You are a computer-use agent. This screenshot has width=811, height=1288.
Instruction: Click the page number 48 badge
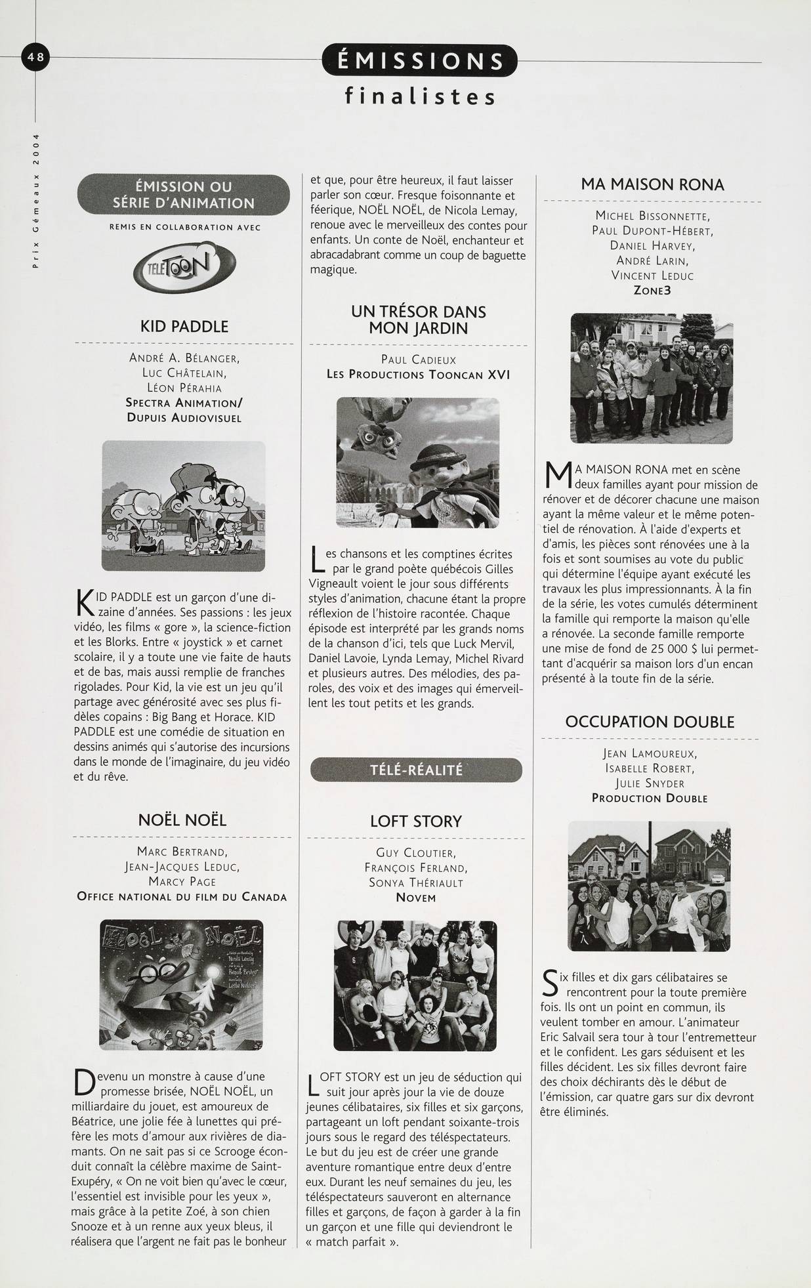click(x=35, y=58)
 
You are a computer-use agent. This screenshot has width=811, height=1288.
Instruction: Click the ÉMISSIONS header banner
click(x=420, y=62)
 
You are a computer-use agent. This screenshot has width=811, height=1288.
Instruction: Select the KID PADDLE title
click(x=184, y=326)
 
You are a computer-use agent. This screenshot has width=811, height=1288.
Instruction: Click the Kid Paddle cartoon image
click(x=184, y=506)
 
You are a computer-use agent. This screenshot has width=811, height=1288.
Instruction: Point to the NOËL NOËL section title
click(x=182, y=820)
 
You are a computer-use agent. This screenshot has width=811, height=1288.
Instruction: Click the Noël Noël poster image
click(x=182, y=985)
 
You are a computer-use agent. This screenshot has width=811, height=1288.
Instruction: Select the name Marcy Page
click(x=182, y=881)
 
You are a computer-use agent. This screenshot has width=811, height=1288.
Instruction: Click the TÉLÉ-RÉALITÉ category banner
click(x=417, y=770)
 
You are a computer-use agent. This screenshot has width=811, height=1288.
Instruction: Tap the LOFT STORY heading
click(x=416, y=821)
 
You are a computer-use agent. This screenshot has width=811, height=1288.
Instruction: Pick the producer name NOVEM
click(x=416, y=898)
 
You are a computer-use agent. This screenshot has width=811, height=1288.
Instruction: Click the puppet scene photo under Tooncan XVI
click(x=418, y=463)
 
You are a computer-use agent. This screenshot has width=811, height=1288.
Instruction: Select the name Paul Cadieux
click(x=418, y=360)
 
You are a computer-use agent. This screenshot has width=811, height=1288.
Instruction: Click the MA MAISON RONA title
click(x=652, y=184)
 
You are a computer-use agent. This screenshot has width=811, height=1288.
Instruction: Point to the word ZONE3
click(x=652, y=290)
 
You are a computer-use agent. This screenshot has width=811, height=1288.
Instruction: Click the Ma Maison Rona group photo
click(x=652, y=378)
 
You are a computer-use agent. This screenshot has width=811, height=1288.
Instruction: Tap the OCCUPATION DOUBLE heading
click(x=650, y=722)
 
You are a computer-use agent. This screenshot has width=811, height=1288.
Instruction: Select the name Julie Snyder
click(x=650, y=783)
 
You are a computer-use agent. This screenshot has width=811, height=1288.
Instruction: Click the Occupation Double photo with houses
click(x=649, y=885)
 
